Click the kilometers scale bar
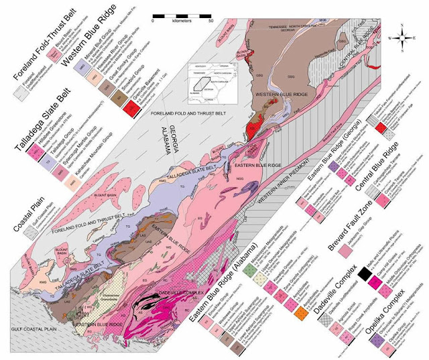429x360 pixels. [182, 14]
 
